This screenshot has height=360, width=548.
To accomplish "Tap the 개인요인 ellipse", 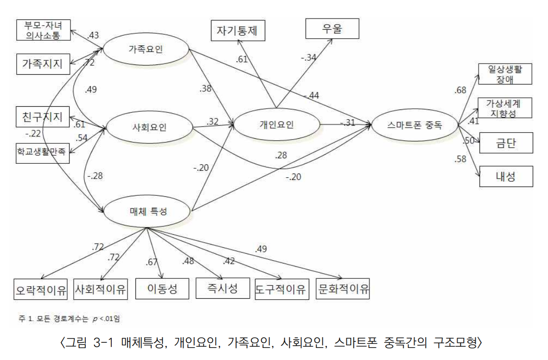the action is [277, 124].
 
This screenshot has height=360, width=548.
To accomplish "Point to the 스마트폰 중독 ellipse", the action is [414, 124].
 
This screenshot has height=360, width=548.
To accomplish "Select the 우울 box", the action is [332, 30].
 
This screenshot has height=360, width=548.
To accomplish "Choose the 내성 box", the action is [505, 176].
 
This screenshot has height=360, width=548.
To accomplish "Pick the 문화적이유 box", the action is [343, 289].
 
